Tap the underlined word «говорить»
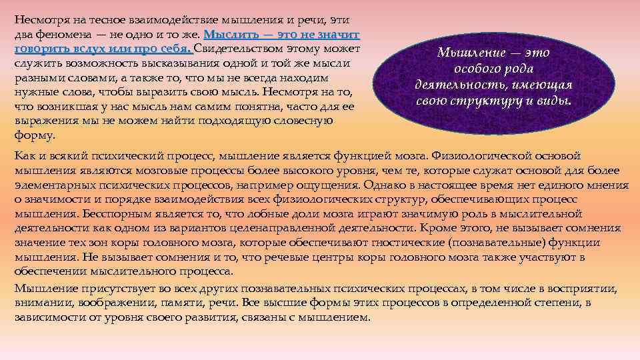[41, 49]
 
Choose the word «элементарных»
[52, 185]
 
